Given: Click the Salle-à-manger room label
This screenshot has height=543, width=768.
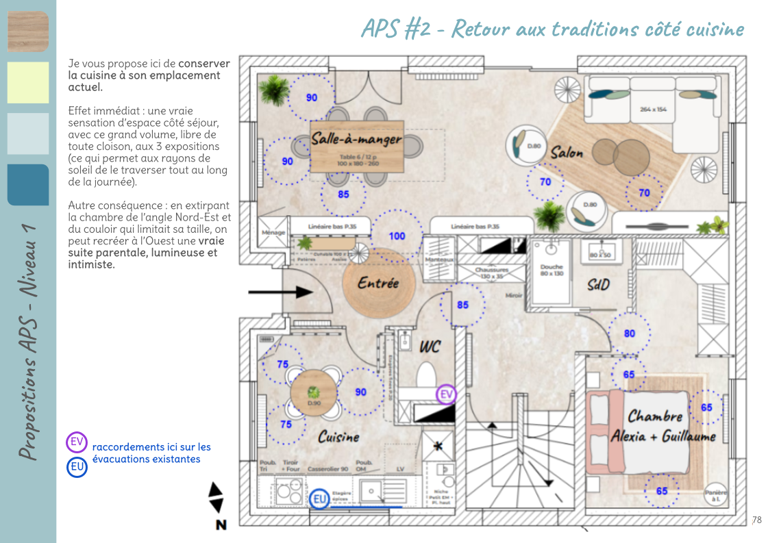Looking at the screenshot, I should click(356, 140).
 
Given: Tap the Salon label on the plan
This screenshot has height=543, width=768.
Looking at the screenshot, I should click(567, 153).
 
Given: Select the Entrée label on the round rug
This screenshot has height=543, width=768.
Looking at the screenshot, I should click(377, 283).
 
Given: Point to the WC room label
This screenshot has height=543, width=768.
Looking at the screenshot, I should click(430, 347).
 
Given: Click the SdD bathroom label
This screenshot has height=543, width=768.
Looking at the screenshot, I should click(598, 284).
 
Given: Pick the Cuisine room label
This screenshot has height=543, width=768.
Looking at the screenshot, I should click(338, 437).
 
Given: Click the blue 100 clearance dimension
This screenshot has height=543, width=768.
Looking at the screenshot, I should click(397, 236).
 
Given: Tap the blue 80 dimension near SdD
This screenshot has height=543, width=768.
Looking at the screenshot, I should click(629, 334).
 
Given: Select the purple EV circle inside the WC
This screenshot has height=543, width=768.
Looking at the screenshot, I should click(446, 394).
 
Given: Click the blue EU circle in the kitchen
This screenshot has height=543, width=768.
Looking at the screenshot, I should click(320, 500).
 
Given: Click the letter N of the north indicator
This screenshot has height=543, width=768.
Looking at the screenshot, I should click(221, 525).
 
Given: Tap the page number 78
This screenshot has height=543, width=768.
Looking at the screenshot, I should click(756, 520).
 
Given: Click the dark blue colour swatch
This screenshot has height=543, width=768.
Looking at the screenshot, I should click(28, 185).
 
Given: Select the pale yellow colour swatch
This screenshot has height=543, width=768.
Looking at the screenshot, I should click(28, 83).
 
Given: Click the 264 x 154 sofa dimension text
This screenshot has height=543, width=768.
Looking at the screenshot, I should click(652, 109).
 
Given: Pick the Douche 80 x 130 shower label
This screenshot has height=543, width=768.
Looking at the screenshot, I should click(551, 270).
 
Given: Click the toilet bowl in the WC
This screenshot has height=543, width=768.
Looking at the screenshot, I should click(426, 376).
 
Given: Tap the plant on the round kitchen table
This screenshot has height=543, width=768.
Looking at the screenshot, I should click(314, 392).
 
